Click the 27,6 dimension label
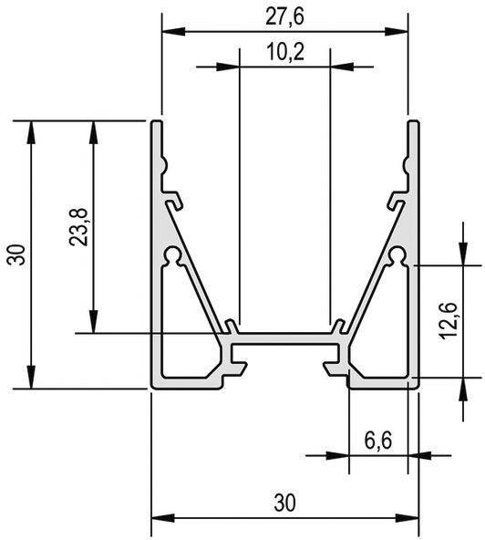(284, 16)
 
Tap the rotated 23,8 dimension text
(78, 227)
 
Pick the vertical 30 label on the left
(15, 254)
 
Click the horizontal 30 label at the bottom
(284, 503)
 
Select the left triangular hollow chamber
(187, 328)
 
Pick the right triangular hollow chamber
(383, 328)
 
